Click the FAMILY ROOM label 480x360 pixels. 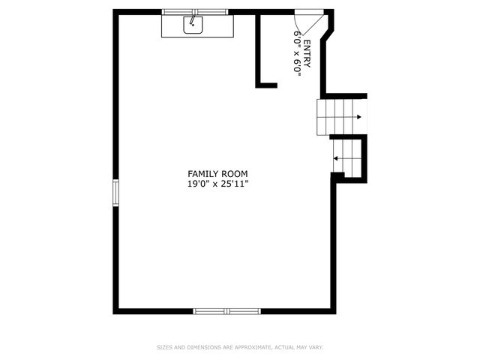217,173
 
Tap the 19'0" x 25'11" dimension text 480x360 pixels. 217,183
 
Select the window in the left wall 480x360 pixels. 115,192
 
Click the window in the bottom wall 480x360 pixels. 226,310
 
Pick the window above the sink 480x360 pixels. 195,12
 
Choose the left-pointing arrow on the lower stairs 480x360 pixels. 337,158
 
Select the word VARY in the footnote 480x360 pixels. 316,347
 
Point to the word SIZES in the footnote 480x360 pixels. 164,347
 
